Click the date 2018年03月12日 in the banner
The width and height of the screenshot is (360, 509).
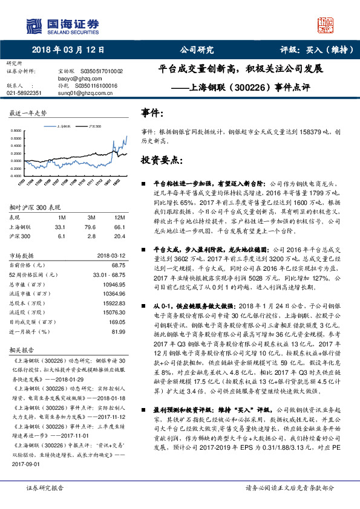click(67, 50)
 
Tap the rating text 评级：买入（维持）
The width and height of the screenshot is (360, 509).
click(315, 50)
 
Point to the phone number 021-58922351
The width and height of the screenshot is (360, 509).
click(24, 93)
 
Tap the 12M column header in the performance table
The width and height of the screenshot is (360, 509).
click(119, 217)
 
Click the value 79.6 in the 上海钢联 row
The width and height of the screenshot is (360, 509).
click(91, 227)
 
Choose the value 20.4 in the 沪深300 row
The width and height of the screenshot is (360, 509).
click(119, 236)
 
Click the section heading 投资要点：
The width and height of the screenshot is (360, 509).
click(161, 160)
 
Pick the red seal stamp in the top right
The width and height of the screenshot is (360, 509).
click(326, 24)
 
